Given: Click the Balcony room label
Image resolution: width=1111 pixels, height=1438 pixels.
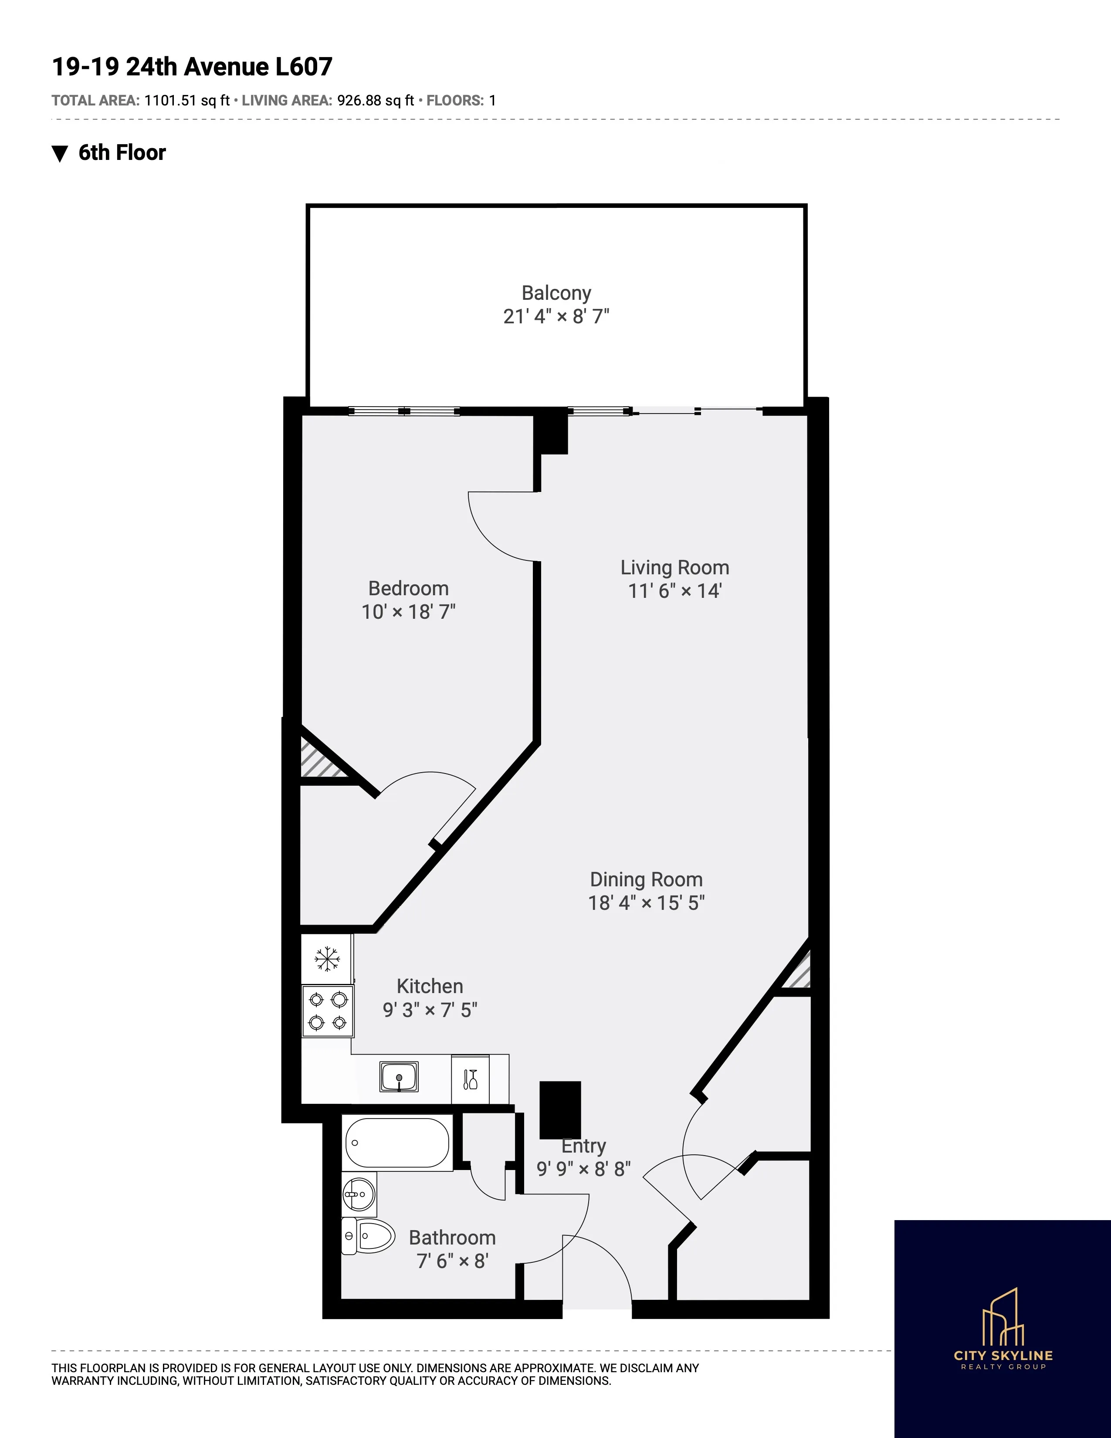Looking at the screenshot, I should (556, 293).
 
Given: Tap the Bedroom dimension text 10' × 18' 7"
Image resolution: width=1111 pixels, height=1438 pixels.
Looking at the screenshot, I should (408, 612).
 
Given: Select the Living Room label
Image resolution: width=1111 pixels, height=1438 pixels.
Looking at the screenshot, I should (674, 567).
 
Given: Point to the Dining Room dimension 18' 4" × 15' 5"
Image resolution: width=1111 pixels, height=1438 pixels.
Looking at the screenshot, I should (646, 903).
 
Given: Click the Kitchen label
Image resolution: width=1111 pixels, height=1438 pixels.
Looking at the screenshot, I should (430, 986).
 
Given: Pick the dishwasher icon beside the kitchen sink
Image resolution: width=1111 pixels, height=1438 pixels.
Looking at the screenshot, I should (470, 1079).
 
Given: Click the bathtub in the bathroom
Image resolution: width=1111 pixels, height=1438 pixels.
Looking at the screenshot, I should (397, 1143).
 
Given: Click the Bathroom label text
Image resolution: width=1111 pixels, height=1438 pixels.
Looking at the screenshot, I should (452, 1238).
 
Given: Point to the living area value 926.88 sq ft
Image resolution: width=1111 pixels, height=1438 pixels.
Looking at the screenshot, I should (375, 101).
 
